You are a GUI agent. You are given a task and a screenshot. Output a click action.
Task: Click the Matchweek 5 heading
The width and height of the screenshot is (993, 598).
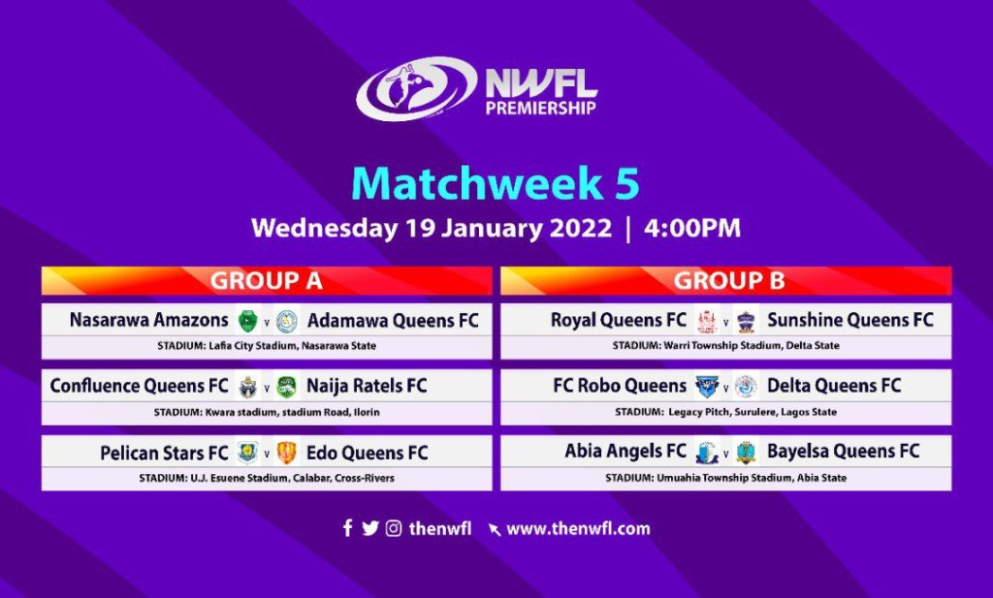(x=496, y=183)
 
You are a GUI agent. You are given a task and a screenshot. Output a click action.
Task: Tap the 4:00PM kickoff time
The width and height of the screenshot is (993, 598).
(x=692, y=228)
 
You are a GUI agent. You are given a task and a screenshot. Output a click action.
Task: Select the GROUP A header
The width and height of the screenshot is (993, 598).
(x=267, y=280)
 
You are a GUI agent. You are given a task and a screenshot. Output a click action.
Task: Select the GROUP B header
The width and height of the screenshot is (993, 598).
(x=729, y=280)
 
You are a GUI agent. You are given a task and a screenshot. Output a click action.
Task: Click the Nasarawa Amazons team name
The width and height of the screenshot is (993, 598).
(x=148, y=320)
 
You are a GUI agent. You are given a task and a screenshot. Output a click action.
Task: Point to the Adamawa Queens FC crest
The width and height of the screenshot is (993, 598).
(x=287, y=322)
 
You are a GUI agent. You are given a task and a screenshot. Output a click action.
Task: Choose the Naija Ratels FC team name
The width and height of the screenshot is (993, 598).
(x=367, y=386)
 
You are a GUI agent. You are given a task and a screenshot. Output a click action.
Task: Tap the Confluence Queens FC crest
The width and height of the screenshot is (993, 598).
(x=247, y=387)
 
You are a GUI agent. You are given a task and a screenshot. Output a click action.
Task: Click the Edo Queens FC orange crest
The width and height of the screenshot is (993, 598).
(x=287, y=453)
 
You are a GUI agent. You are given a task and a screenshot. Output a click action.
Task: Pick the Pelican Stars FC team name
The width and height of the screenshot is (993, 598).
(x=164, y=453)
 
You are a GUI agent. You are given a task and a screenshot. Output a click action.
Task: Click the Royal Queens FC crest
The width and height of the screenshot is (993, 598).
(x=707, y=322)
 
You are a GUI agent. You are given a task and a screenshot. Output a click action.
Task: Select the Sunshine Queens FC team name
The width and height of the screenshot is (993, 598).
(x=849, y=320)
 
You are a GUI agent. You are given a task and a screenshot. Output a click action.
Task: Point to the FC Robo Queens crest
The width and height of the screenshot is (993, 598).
(x=707, y=386)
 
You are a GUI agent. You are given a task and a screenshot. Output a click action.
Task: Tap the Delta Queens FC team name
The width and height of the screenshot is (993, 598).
(x=833, y=386)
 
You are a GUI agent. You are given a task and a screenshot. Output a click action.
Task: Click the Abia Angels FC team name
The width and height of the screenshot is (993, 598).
(x=625, y=452)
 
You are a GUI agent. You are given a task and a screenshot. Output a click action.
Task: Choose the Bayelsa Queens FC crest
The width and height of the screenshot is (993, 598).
(x=747, y=453)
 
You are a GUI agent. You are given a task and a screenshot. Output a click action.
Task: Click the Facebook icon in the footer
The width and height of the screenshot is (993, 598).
(x=348, y=528)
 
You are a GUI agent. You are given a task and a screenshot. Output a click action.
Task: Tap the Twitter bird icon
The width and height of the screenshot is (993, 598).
(x=370, y=528)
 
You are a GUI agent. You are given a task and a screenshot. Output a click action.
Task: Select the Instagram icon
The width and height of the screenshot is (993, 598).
(x=394, y=528)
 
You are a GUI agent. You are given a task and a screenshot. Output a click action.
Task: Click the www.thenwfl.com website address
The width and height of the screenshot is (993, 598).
(x=578, y=529)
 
